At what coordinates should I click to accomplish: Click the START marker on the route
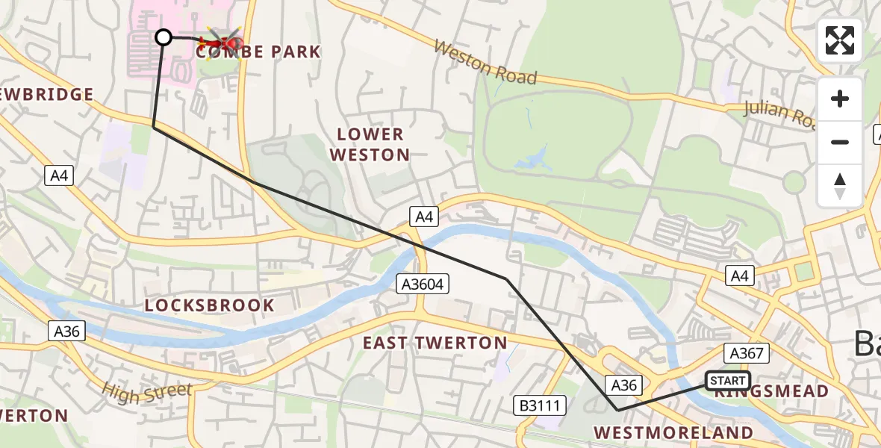tap(727, 381)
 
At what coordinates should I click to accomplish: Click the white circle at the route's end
tap(164, 37)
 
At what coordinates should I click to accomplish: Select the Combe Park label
tap(258, 52)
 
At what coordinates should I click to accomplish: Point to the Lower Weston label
tap(370, 145)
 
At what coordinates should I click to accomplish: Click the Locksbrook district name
tap(210, 305)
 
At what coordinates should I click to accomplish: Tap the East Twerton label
tap(435, 343)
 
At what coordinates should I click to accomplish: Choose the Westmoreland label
tap(673, 432)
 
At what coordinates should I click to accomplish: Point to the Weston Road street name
tap(485, 63)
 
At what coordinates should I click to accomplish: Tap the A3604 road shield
tap(423, 283)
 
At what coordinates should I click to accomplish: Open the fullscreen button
tap(840, 40)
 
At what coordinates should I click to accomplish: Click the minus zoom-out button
tap(840, 142)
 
